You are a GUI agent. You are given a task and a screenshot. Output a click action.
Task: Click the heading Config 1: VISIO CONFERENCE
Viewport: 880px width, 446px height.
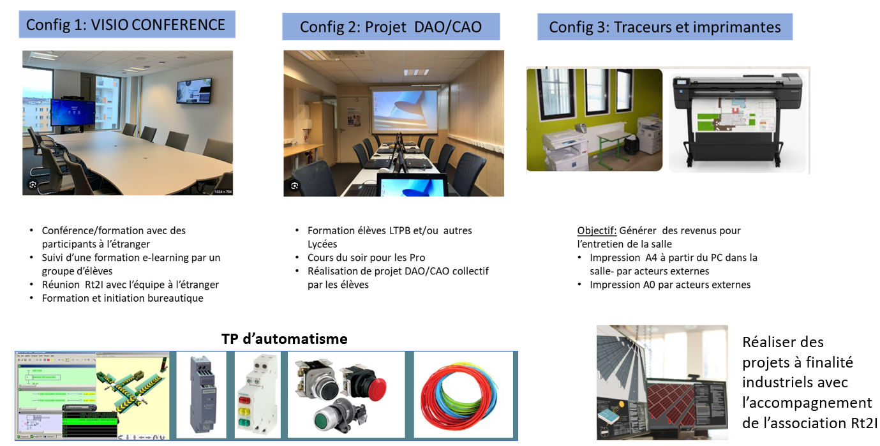pyautogui.click(x=125, y=25)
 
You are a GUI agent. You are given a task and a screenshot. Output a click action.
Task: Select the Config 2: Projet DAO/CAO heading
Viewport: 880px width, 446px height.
pyautogui.click(x=391, y=27)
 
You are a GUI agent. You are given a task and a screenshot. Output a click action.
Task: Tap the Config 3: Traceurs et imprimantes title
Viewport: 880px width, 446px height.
pyautogui.click(x=665, y=27)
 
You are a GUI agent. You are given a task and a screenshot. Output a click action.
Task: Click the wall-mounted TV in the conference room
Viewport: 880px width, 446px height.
pyautogui.click(x=194, y=91)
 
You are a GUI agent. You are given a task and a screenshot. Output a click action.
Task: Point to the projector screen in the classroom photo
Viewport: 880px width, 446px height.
pyautogui.click(x=405, y=110)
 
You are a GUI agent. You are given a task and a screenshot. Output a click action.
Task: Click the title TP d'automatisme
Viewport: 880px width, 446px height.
pyautogui.click(x=285, y=339)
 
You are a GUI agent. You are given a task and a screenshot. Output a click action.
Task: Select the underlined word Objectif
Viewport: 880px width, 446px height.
pyautogui.click(x=597, y=230)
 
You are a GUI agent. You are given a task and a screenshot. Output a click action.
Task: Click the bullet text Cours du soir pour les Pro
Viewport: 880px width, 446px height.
pyautogui.click(x=366, y=258)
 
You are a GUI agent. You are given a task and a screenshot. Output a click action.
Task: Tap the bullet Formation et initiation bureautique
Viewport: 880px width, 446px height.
pyautogui.click(x=123, y=298)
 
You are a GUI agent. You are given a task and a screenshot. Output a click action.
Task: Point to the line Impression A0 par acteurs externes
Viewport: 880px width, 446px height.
pyautogui.click(x=670, y=285)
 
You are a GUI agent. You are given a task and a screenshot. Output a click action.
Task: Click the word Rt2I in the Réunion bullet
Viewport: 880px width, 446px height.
pyautogui.click(x=94, y=285)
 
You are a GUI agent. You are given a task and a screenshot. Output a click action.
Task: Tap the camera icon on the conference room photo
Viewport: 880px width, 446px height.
pyautogui.click(x=33, y=184)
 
